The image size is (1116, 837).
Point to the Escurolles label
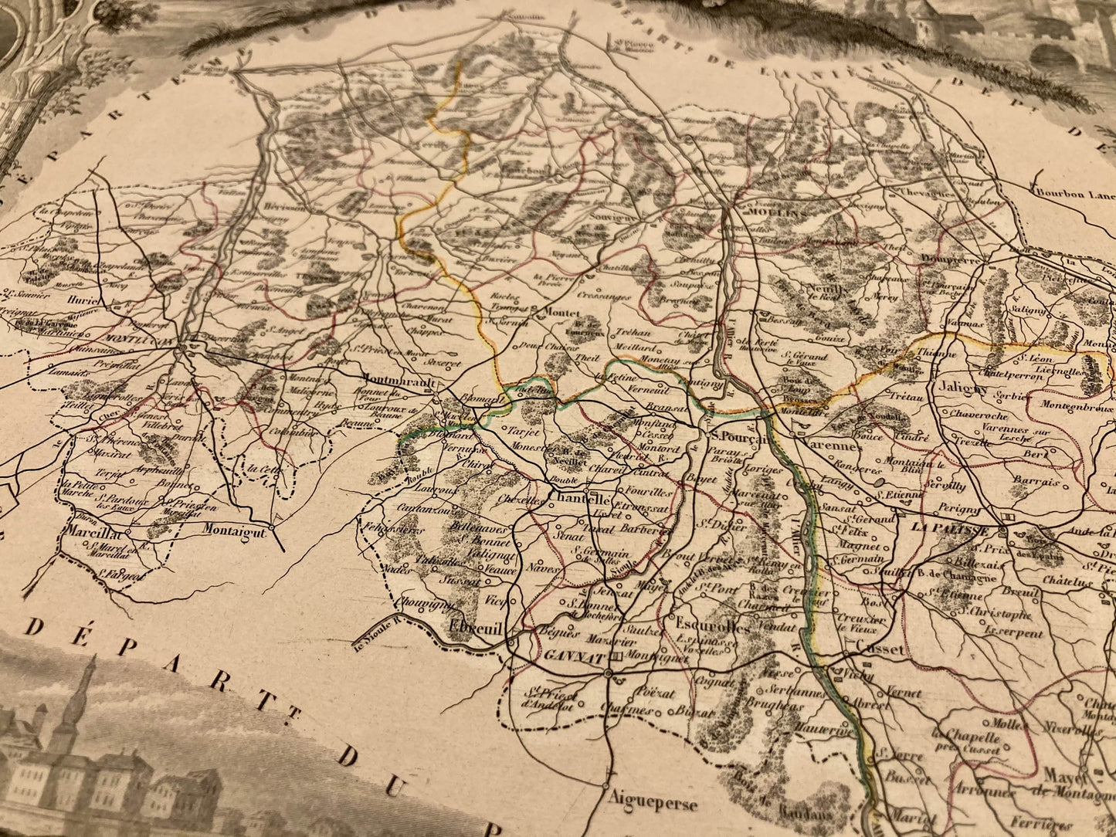(x=712, y=626)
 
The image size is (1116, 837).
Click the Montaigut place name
(x=234, y=530)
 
